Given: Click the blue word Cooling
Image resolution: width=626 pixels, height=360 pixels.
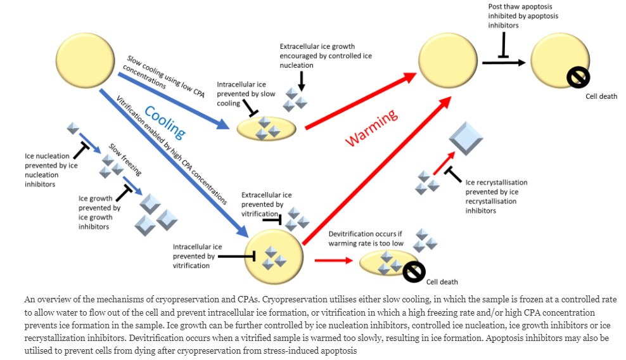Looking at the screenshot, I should (164, 123).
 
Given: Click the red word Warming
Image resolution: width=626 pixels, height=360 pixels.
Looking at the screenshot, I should (371, 127).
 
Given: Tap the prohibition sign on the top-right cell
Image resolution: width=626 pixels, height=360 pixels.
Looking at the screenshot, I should (578, 77).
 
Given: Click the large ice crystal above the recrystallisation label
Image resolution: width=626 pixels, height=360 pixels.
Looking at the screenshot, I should (466, 138).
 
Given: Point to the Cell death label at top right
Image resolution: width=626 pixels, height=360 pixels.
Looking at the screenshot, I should (601, 96).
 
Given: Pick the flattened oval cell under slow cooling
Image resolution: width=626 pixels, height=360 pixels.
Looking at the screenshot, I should (266, 129).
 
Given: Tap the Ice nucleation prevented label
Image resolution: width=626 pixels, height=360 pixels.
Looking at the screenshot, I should (51, 170).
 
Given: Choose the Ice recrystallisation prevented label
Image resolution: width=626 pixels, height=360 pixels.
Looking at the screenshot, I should (496, 196).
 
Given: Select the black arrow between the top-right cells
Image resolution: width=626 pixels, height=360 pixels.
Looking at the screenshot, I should (503, 62).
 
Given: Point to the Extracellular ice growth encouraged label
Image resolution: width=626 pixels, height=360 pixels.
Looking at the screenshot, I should (326, 56).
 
